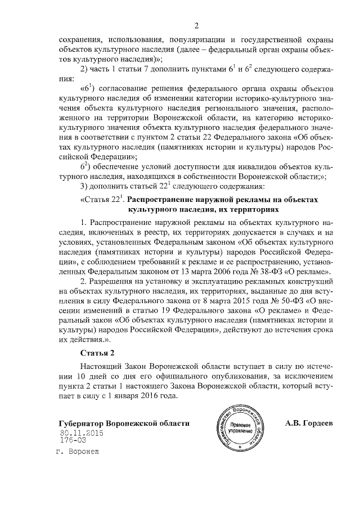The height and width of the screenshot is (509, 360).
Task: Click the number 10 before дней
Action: pyautogui.click(x=82, y=375)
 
